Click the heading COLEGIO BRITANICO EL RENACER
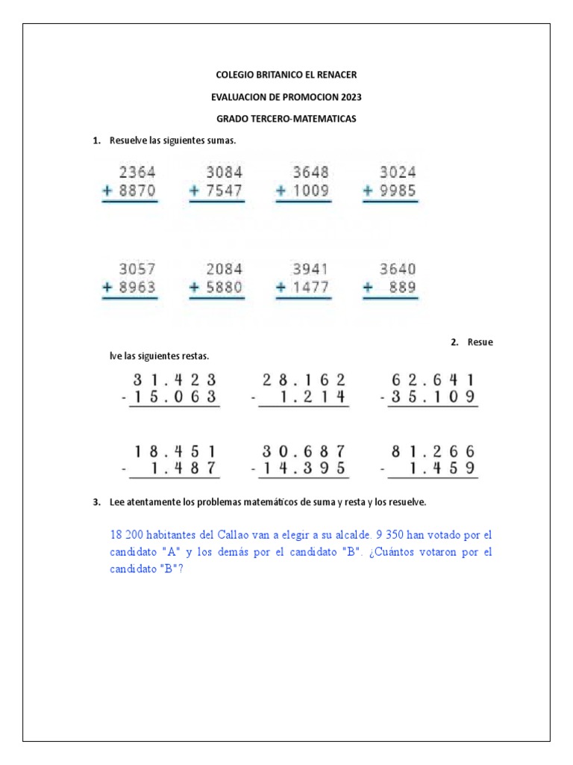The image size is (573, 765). [286, 75]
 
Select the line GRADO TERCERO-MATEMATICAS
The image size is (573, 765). [286, 119]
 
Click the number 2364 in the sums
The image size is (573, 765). [137, 172]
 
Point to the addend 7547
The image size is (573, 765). [225, 191]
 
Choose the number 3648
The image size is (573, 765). [310, 172]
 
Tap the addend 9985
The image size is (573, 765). [398, 191]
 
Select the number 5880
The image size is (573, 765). [225, 288]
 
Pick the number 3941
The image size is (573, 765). [310, 269]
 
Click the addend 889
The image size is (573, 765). [404, 288]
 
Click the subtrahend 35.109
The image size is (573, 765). [433, 397]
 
